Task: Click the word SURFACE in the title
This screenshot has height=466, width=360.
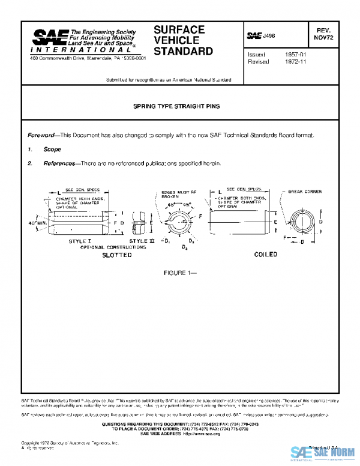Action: pos(179,29)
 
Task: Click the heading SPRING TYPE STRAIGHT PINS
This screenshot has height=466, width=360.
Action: pos(176,106)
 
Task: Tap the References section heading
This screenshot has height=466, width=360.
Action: pos(58,163)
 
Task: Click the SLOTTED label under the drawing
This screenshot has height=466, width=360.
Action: pos(116,255)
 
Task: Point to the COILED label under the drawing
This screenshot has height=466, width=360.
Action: pos(265,255)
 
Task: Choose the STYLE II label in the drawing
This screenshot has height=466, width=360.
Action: pos(142,241)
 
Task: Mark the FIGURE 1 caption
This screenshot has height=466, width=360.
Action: pos(180,273)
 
